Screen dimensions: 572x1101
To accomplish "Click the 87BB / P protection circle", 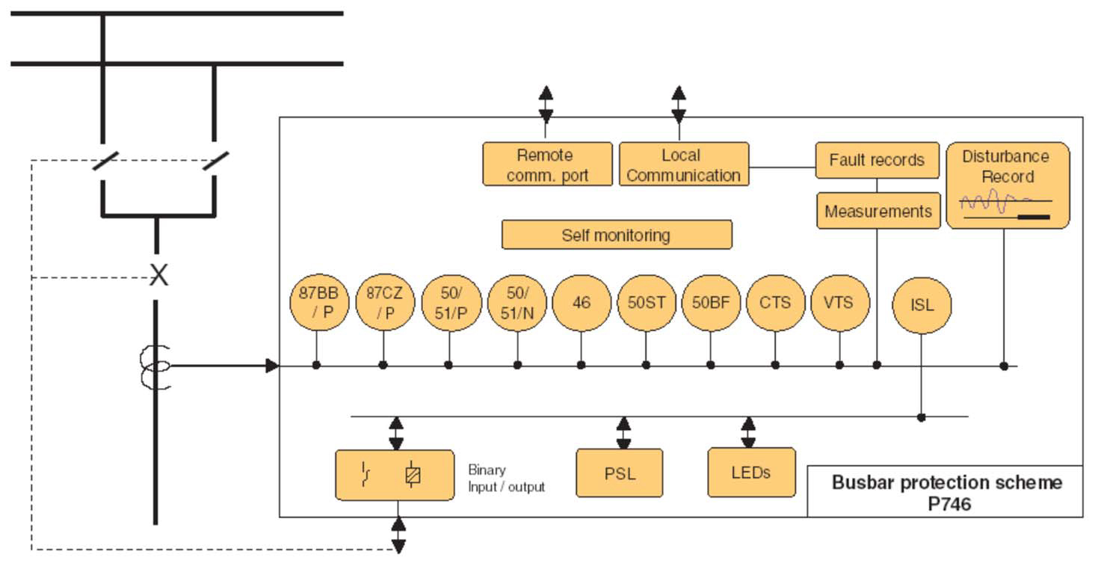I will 318,303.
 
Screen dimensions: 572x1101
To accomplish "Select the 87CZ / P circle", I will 384,303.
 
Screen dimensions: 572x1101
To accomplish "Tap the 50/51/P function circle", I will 450,303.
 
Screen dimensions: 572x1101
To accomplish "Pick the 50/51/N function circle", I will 516,303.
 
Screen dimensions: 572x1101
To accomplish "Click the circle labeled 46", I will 581,303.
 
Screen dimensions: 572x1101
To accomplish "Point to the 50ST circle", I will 646,303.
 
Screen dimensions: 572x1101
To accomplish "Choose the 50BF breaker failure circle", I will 711,303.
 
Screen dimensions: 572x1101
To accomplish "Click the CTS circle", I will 775,303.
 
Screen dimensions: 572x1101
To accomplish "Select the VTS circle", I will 839,303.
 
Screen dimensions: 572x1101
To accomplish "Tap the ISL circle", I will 922,305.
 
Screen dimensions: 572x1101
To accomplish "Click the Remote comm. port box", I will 546,164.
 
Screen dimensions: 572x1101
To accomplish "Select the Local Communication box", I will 683,164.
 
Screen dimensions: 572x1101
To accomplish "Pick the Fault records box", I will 877,160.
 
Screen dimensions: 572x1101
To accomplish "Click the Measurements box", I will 878,211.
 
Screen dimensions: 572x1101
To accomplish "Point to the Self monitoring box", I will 616,235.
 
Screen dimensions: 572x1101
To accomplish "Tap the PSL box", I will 619,473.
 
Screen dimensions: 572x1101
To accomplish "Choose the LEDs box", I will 750,472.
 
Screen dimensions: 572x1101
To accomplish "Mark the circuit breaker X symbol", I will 158,276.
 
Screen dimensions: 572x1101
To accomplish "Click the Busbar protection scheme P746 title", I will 946,492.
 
